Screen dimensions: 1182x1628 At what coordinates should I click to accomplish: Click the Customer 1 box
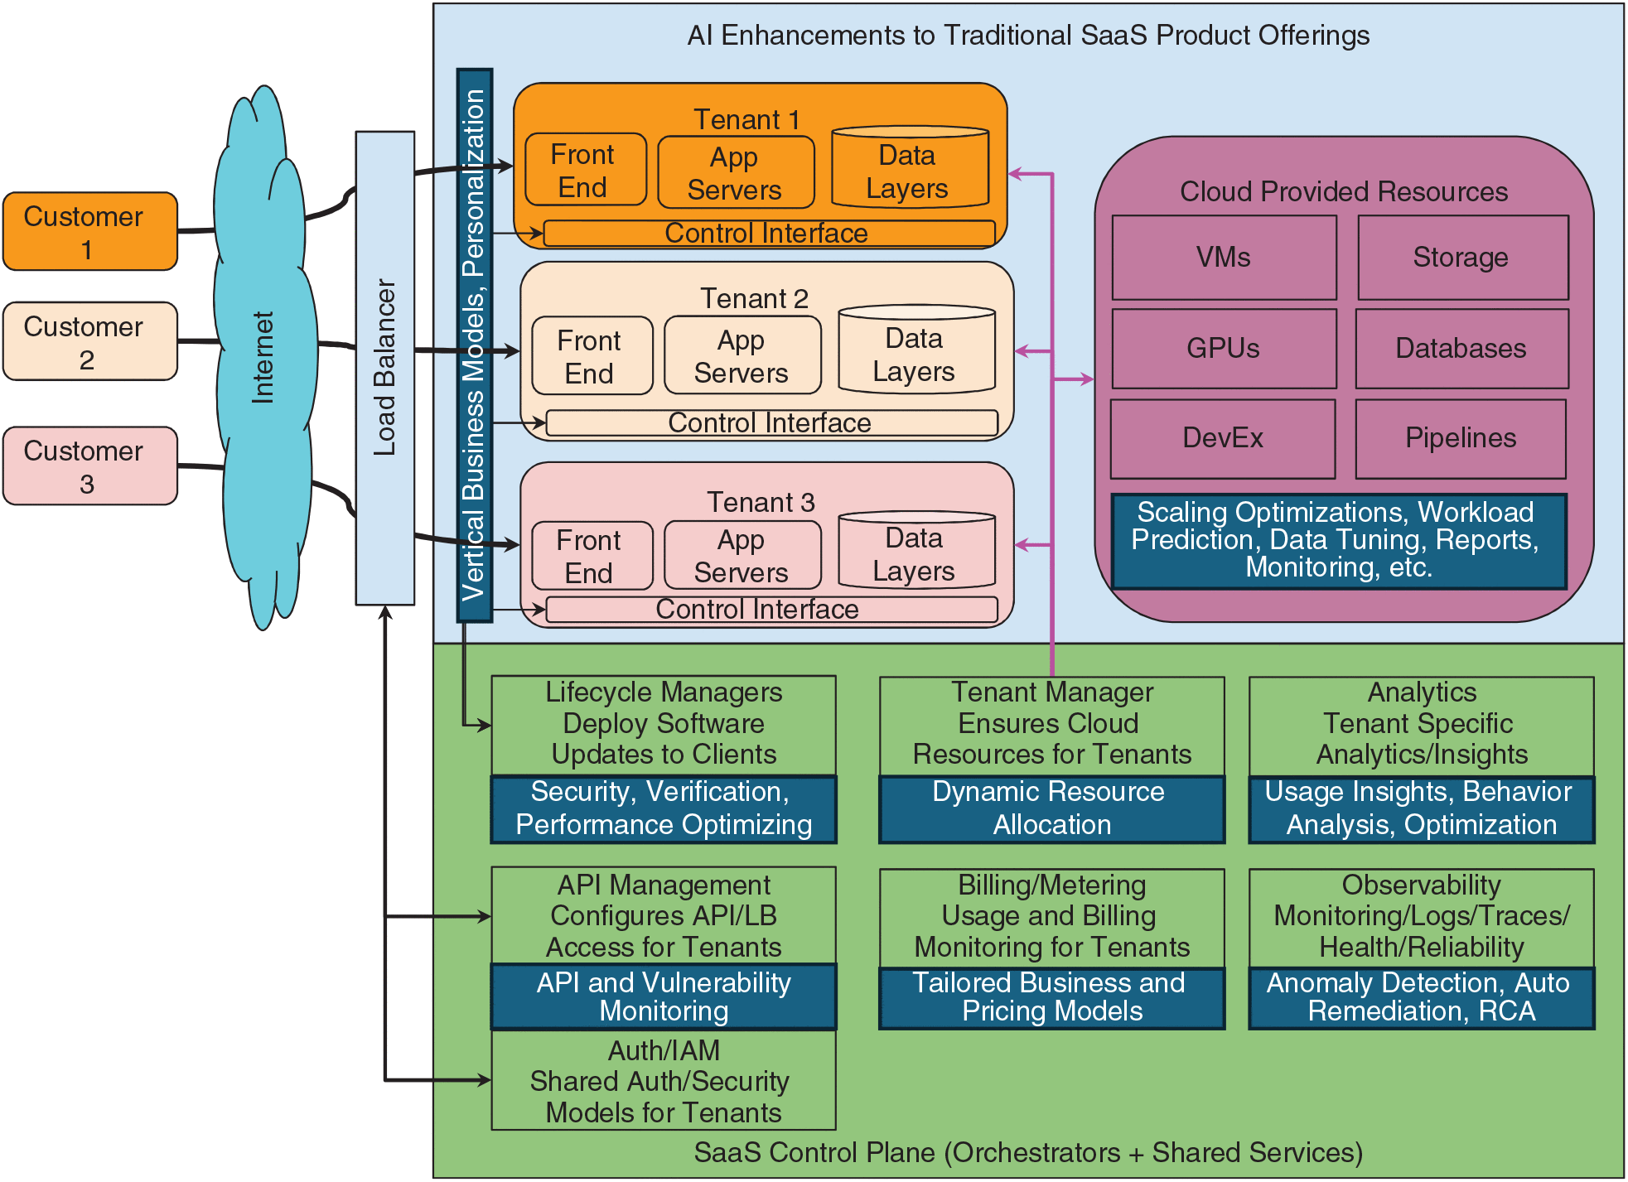90,232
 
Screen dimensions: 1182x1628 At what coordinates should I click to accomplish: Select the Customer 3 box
90,466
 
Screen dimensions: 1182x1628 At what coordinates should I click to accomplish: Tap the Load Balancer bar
384,368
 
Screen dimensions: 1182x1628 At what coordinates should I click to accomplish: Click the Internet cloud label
263,358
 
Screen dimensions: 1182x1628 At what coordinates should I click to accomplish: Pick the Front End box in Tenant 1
585,171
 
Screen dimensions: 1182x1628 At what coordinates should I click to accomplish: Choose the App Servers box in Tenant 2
742,356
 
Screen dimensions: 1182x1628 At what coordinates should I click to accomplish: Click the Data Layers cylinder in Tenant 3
915,553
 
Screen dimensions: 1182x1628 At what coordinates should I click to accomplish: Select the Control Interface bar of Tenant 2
771,423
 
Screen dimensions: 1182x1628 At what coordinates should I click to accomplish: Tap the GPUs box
1224,349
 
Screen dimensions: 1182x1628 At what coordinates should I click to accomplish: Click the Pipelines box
1460,439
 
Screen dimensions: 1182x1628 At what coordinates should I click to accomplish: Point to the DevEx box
1223,439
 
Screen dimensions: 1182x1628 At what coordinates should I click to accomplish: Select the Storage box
1461,258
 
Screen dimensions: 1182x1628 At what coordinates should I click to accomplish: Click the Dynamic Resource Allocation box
1051,809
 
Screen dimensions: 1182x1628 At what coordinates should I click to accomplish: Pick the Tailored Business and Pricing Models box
1051,998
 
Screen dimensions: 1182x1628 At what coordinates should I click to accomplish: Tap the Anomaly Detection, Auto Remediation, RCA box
1421,998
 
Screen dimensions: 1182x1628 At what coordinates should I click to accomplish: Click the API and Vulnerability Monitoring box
664,997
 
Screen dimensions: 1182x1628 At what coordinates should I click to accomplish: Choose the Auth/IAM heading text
664,1051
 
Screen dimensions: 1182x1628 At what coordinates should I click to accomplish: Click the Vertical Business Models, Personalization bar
475,345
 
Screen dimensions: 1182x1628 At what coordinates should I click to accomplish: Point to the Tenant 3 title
761,503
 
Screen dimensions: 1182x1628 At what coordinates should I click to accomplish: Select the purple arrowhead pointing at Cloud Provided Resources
1086,379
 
